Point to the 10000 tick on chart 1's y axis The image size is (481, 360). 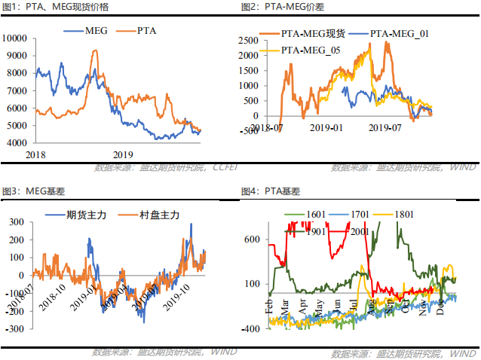(17, 38)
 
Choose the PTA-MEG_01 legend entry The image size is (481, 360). (400, 35)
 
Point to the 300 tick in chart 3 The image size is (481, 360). (14, 221)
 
